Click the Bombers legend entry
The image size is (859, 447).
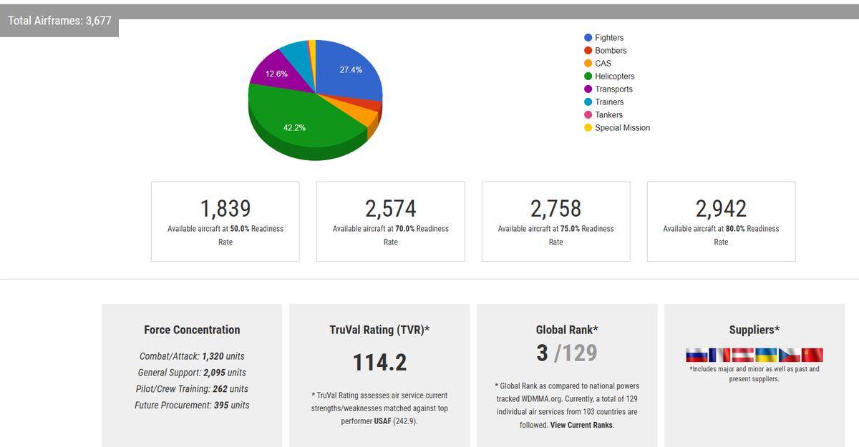pyautogui.click(x=610, y=51)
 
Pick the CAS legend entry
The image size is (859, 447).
pyautogui.click(x=603, y=64)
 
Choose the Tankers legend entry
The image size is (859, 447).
pyautogui.click(x=608, y=115)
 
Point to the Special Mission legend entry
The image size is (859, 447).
pyautogui.click(x=622, y=128)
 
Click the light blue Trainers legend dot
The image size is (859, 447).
pyautogui.click(x=588, y=102)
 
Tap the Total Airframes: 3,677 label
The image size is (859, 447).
pyautogui.click(x=60, y=21)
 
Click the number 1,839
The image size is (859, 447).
pyautogui.click(x=225, y=208)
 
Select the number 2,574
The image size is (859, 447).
pyautogui.click(x=391, y=208)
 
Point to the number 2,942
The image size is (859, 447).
pyautogui.click(x=721, y=208)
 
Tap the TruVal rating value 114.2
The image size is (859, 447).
pyautogui.click(x=379, y=362)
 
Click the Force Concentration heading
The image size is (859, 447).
pyautogui.click(x=192, y=330)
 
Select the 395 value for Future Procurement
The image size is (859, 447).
pyautogui.click(x=222, y=406)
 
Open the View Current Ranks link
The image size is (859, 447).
pyautogui.click(x=581, y=425)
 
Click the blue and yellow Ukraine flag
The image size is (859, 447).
pyautogui.click(x=766, y=355)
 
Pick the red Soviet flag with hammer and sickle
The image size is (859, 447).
pyautogui.click(x=812, y=355)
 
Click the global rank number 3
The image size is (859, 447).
pyautogui.click(x=542, y=353)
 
